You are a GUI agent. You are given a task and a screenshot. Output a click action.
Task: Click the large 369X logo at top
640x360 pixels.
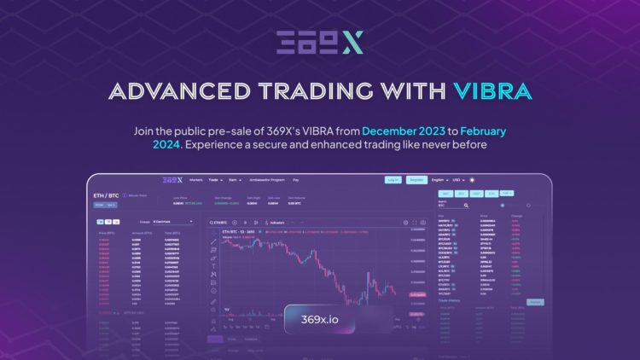319,42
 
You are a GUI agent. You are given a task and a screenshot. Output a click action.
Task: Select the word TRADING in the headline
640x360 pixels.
315,90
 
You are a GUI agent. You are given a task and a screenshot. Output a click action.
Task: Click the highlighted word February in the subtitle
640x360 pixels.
486,131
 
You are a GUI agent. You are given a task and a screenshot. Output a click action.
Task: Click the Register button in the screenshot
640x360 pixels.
416,180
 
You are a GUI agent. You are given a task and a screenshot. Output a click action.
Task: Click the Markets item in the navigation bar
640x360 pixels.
196,180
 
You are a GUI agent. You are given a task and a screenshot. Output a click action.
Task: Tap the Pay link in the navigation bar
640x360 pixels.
295,180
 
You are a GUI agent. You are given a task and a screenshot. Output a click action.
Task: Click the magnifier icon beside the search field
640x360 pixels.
502,206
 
